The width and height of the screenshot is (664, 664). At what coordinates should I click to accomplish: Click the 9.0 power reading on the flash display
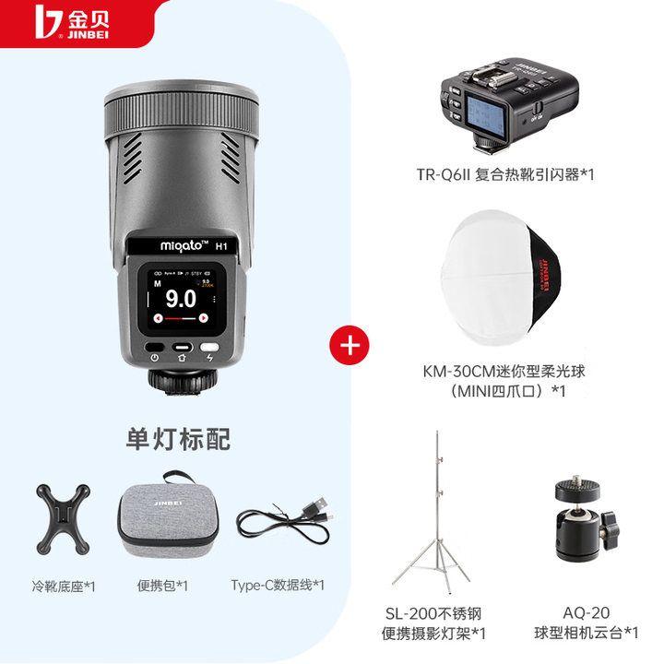coord(181,299)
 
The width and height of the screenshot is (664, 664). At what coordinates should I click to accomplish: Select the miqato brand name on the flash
coord(171,246)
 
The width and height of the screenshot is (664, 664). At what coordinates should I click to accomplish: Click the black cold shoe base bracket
coord(64,518)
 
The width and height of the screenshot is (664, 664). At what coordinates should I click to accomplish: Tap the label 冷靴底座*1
coord(63,585)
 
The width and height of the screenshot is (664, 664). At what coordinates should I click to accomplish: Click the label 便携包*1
coord(163,585)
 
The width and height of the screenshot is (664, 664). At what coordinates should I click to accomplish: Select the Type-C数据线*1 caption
coord(278,585)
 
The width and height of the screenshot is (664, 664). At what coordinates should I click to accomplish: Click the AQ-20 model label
coord(587,611)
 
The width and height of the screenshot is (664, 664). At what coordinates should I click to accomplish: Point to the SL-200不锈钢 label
coord(433,612)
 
